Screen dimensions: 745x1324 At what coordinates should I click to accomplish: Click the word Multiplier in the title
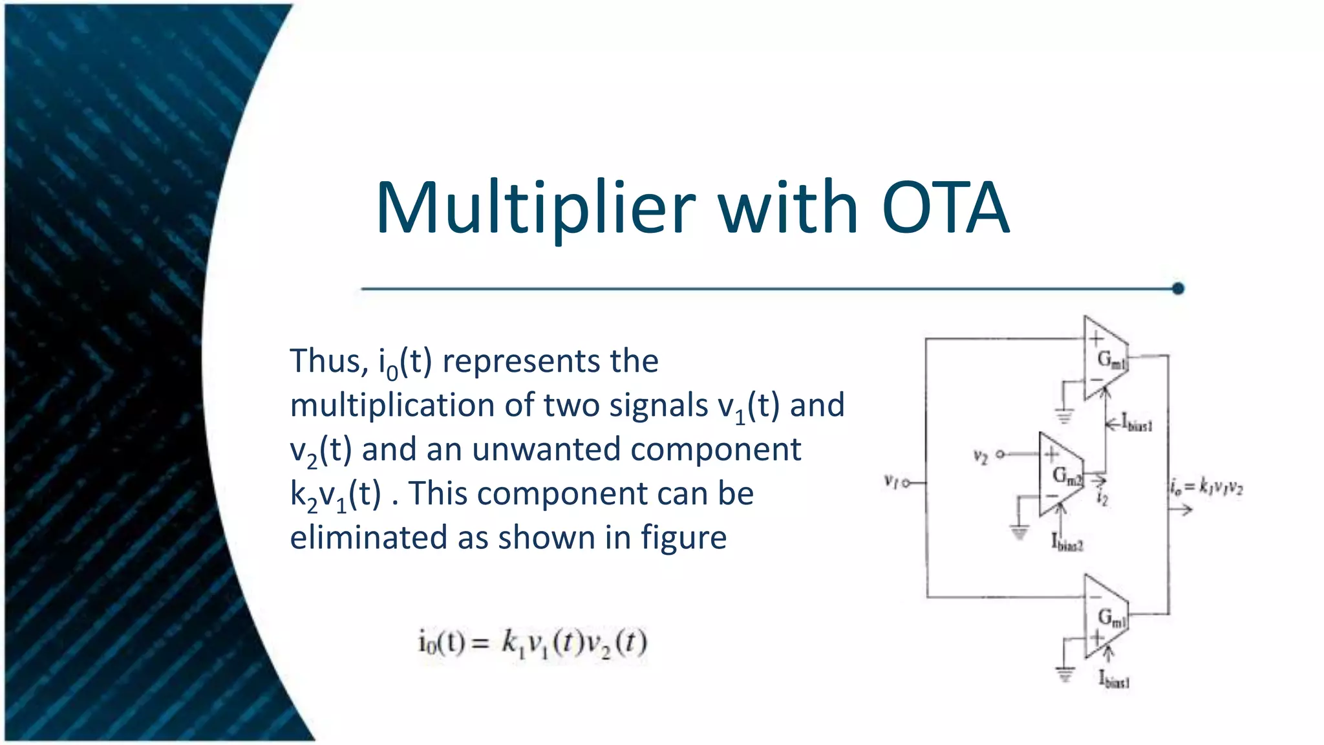535,208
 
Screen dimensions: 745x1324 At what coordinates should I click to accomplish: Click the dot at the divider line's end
1178,288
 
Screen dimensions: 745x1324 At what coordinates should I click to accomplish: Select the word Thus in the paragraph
327,360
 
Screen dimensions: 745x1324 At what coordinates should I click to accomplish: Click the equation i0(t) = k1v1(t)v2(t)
533,643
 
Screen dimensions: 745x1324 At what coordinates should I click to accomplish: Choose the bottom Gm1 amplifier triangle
1104,617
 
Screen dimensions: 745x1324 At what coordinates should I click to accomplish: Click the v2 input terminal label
980,457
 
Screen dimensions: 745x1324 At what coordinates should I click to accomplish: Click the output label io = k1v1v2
1206,486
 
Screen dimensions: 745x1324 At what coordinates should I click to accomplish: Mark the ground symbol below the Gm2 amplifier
1020,533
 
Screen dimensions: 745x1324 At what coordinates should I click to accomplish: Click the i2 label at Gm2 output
1102,499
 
